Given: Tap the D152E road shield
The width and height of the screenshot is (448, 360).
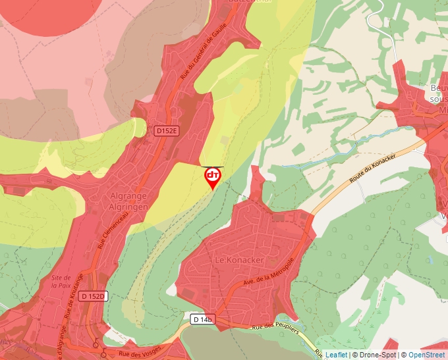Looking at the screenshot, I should (x=167, y=131).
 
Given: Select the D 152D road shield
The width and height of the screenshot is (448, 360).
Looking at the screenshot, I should (x=93, y=296).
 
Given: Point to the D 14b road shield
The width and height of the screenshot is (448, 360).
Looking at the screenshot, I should (x=203, y=319).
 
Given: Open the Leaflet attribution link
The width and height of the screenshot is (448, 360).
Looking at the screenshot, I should (x=336, y=355).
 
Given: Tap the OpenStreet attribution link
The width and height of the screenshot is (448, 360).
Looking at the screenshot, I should (x=428, y=355).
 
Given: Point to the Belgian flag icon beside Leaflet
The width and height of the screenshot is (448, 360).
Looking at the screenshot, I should (x=320, y=355).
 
